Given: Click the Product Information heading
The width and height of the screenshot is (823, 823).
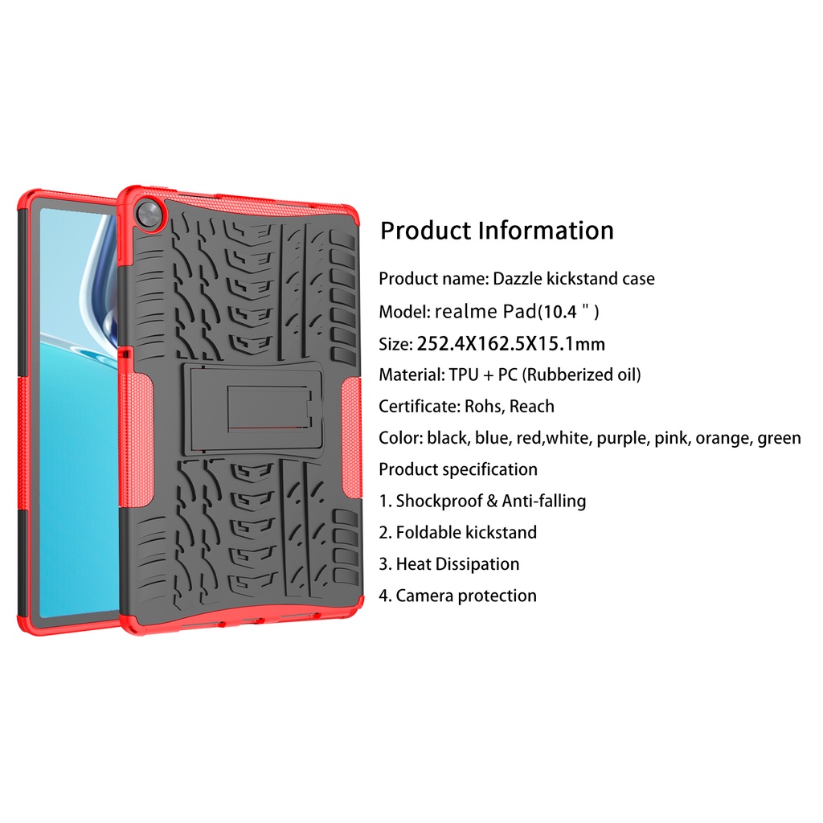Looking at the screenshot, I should [x=497, y=231].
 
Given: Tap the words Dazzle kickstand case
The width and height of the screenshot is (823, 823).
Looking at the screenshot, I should [x=573, y=279].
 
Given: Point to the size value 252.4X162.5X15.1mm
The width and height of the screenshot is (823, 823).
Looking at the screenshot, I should [x=511, y=344].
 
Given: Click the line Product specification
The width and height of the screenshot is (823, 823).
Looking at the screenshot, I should [x=458, y=469].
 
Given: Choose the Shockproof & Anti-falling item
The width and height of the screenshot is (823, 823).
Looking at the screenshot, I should [x=490, y=501].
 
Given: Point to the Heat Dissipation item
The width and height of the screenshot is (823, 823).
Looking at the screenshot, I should [x=457, y=564].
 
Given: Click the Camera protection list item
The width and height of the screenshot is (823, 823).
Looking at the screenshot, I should [x=466, y=596].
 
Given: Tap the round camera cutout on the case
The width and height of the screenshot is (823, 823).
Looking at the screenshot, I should [x=149, y=212].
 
